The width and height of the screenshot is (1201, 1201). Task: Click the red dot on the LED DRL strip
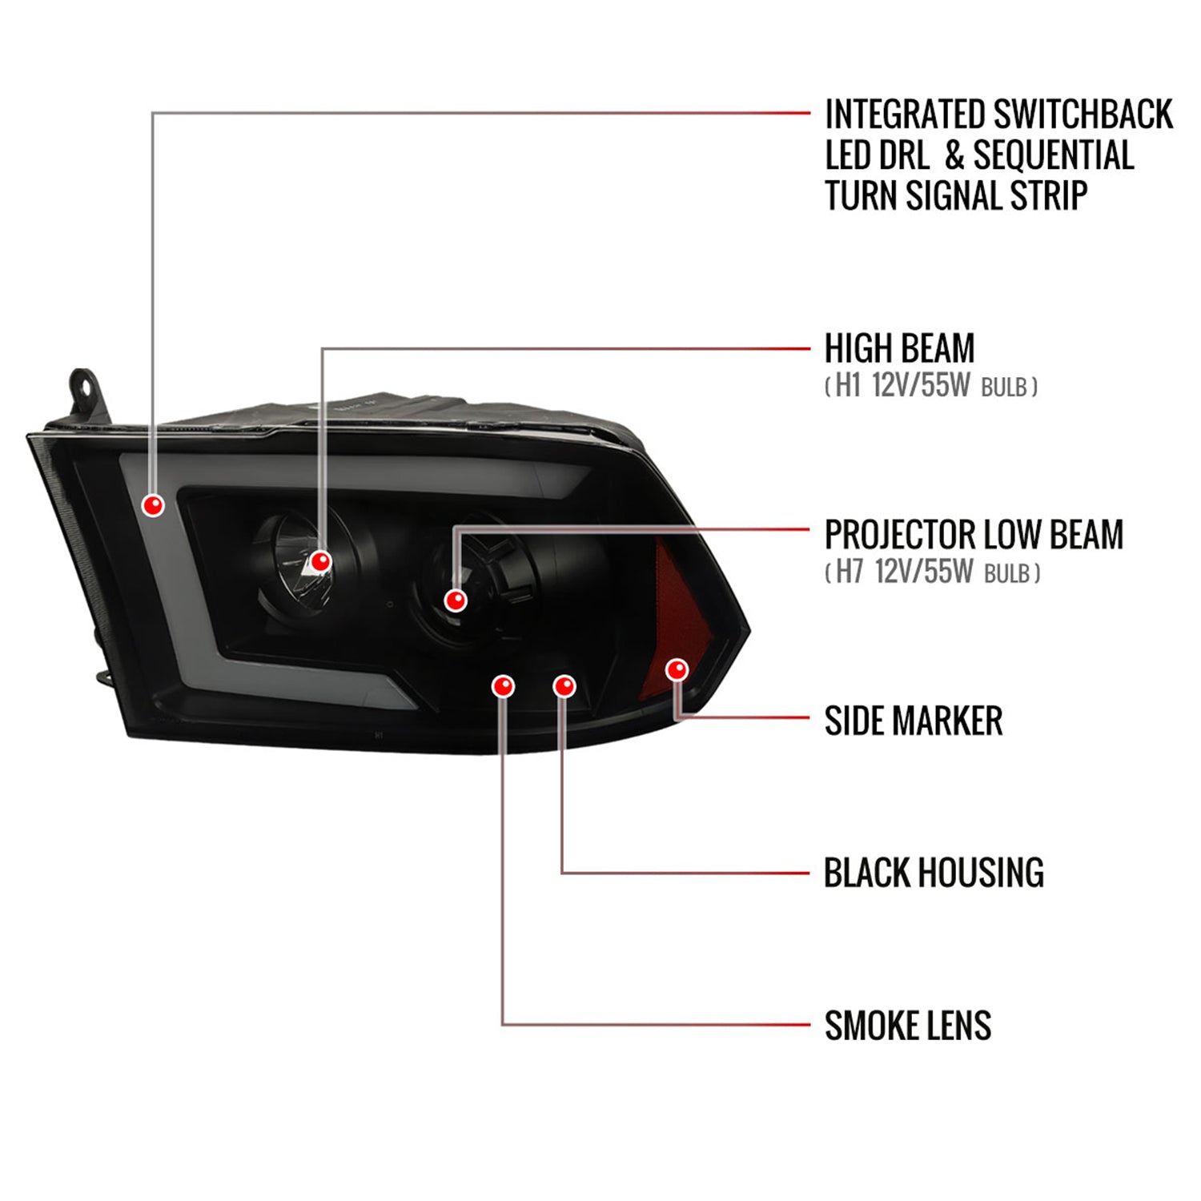point(153,505)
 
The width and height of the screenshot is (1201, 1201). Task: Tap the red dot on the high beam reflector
point(321,561)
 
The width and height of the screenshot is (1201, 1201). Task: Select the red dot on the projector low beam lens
point(456,600)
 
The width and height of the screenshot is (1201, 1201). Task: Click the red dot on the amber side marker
point(677,669)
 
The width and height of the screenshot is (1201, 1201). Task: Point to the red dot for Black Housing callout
point(564,686)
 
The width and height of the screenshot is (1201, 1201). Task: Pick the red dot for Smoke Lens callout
point(504,686)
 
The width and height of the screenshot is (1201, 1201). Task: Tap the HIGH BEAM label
point(900,348)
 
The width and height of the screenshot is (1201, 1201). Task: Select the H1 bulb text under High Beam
point(848,387)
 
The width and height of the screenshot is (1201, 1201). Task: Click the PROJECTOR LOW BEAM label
point(974,535)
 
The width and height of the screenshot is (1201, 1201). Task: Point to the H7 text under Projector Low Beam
point(850,572)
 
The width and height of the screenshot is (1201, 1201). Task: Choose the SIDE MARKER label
point(914,721)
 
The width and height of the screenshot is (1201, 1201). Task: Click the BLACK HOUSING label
point(934,873)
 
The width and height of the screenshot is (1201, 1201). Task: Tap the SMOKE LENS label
point(908,1026)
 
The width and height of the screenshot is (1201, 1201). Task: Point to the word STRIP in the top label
point(1046,196)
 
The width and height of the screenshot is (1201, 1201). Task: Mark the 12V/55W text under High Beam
point(921,387)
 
